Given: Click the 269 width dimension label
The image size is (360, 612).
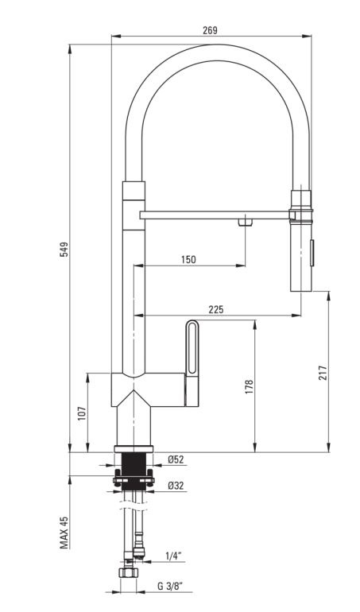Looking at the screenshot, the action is point(210,30).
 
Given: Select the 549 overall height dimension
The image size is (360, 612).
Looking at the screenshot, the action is point(64,249).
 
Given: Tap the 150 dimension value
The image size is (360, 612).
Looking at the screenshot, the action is point(188,259).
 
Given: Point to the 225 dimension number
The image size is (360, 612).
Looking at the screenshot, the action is point(216,309).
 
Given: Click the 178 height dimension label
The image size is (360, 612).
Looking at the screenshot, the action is point(249,386).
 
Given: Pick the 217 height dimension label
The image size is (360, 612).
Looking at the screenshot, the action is point(323,373).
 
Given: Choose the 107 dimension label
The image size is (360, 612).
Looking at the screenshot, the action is point(82,413).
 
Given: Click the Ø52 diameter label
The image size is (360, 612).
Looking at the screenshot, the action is point(176,459).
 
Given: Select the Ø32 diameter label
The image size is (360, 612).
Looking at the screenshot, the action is point(176,486).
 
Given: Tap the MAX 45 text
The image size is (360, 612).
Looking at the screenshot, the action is point(64,533).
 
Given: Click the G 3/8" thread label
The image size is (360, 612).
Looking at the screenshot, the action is point(170,586).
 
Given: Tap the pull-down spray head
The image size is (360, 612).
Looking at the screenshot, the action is point(301,241).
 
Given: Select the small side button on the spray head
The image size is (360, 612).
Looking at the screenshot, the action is point(312,253).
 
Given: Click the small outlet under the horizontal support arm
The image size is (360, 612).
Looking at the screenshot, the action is point(246,222).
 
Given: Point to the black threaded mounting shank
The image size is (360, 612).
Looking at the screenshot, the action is point(134,471).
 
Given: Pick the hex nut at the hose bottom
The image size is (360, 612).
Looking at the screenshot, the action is point(129,572).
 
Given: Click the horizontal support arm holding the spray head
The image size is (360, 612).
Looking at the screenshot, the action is point(215,215).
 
